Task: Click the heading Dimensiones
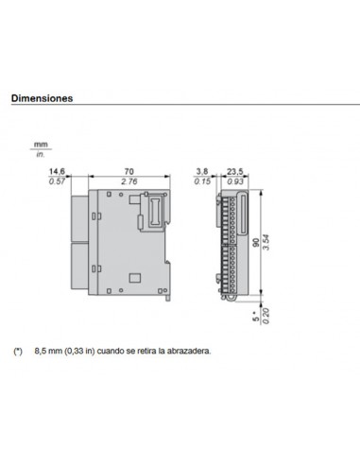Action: pos(42,97)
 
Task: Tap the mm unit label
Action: pos(40,145)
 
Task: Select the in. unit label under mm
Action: pos(40,154)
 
